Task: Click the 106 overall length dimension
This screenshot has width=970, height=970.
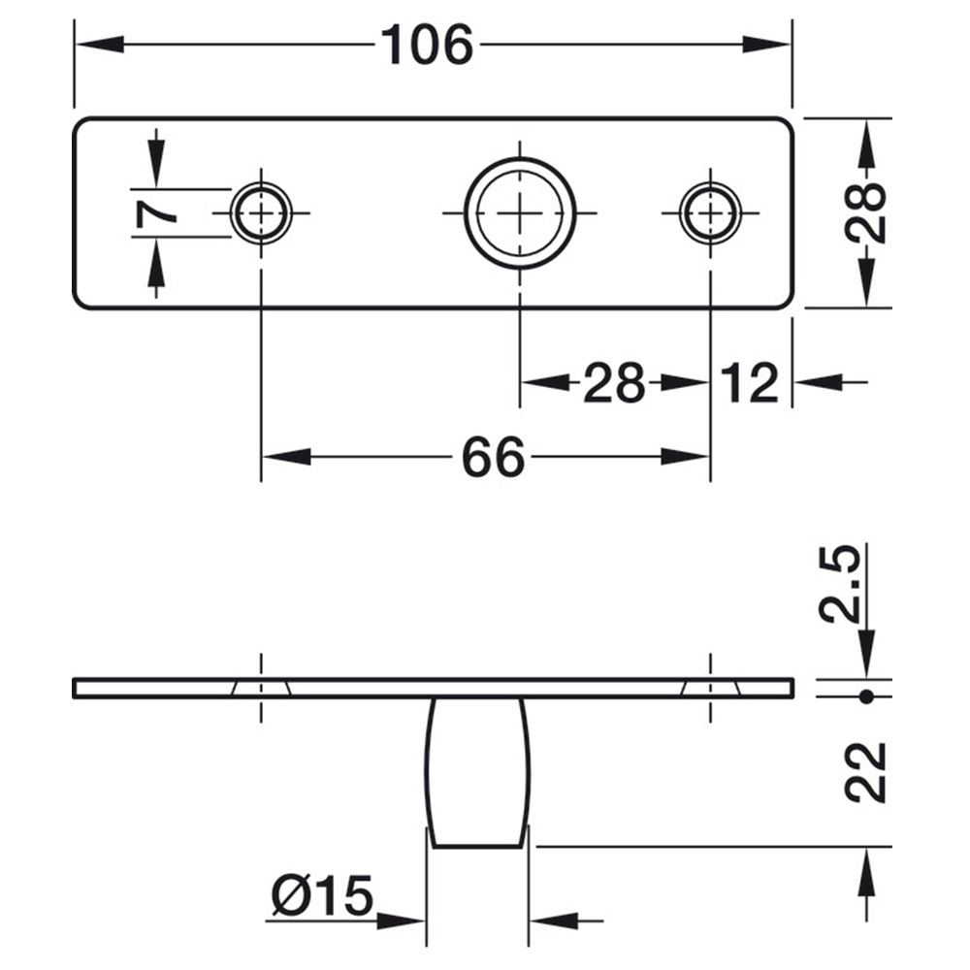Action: pyautogui.click(x=427, y=45)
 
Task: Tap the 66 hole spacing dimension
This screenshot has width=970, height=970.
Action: pyautogui.click(x=493, y=457)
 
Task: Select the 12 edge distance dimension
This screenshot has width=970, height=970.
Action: pyautogui.click(x=749, y=382)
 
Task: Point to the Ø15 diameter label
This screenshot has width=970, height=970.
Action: pyautogui.click(x=322, y=895)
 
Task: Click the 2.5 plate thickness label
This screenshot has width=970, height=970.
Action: pyautogui.click(x=840, y=584)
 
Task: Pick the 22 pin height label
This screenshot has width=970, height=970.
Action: pyautogui.click(x=865, y=773)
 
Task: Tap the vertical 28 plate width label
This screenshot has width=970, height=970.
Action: pyautogui.click(x=865, y=212)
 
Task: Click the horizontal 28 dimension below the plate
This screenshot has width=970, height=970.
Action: pyautogui.click(x=614, y=382)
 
